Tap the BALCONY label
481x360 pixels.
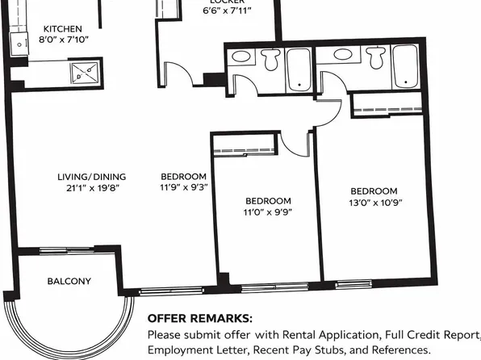pyautogui.click(x=69, y=282)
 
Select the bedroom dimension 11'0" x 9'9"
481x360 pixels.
pyautogui.click(x=268, y=213)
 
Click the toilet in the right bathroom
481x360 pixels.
pyautogui.click(x=374, y=58)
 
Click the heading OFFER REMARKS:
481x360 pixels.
pyautogui.click(x=199, y=318)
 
